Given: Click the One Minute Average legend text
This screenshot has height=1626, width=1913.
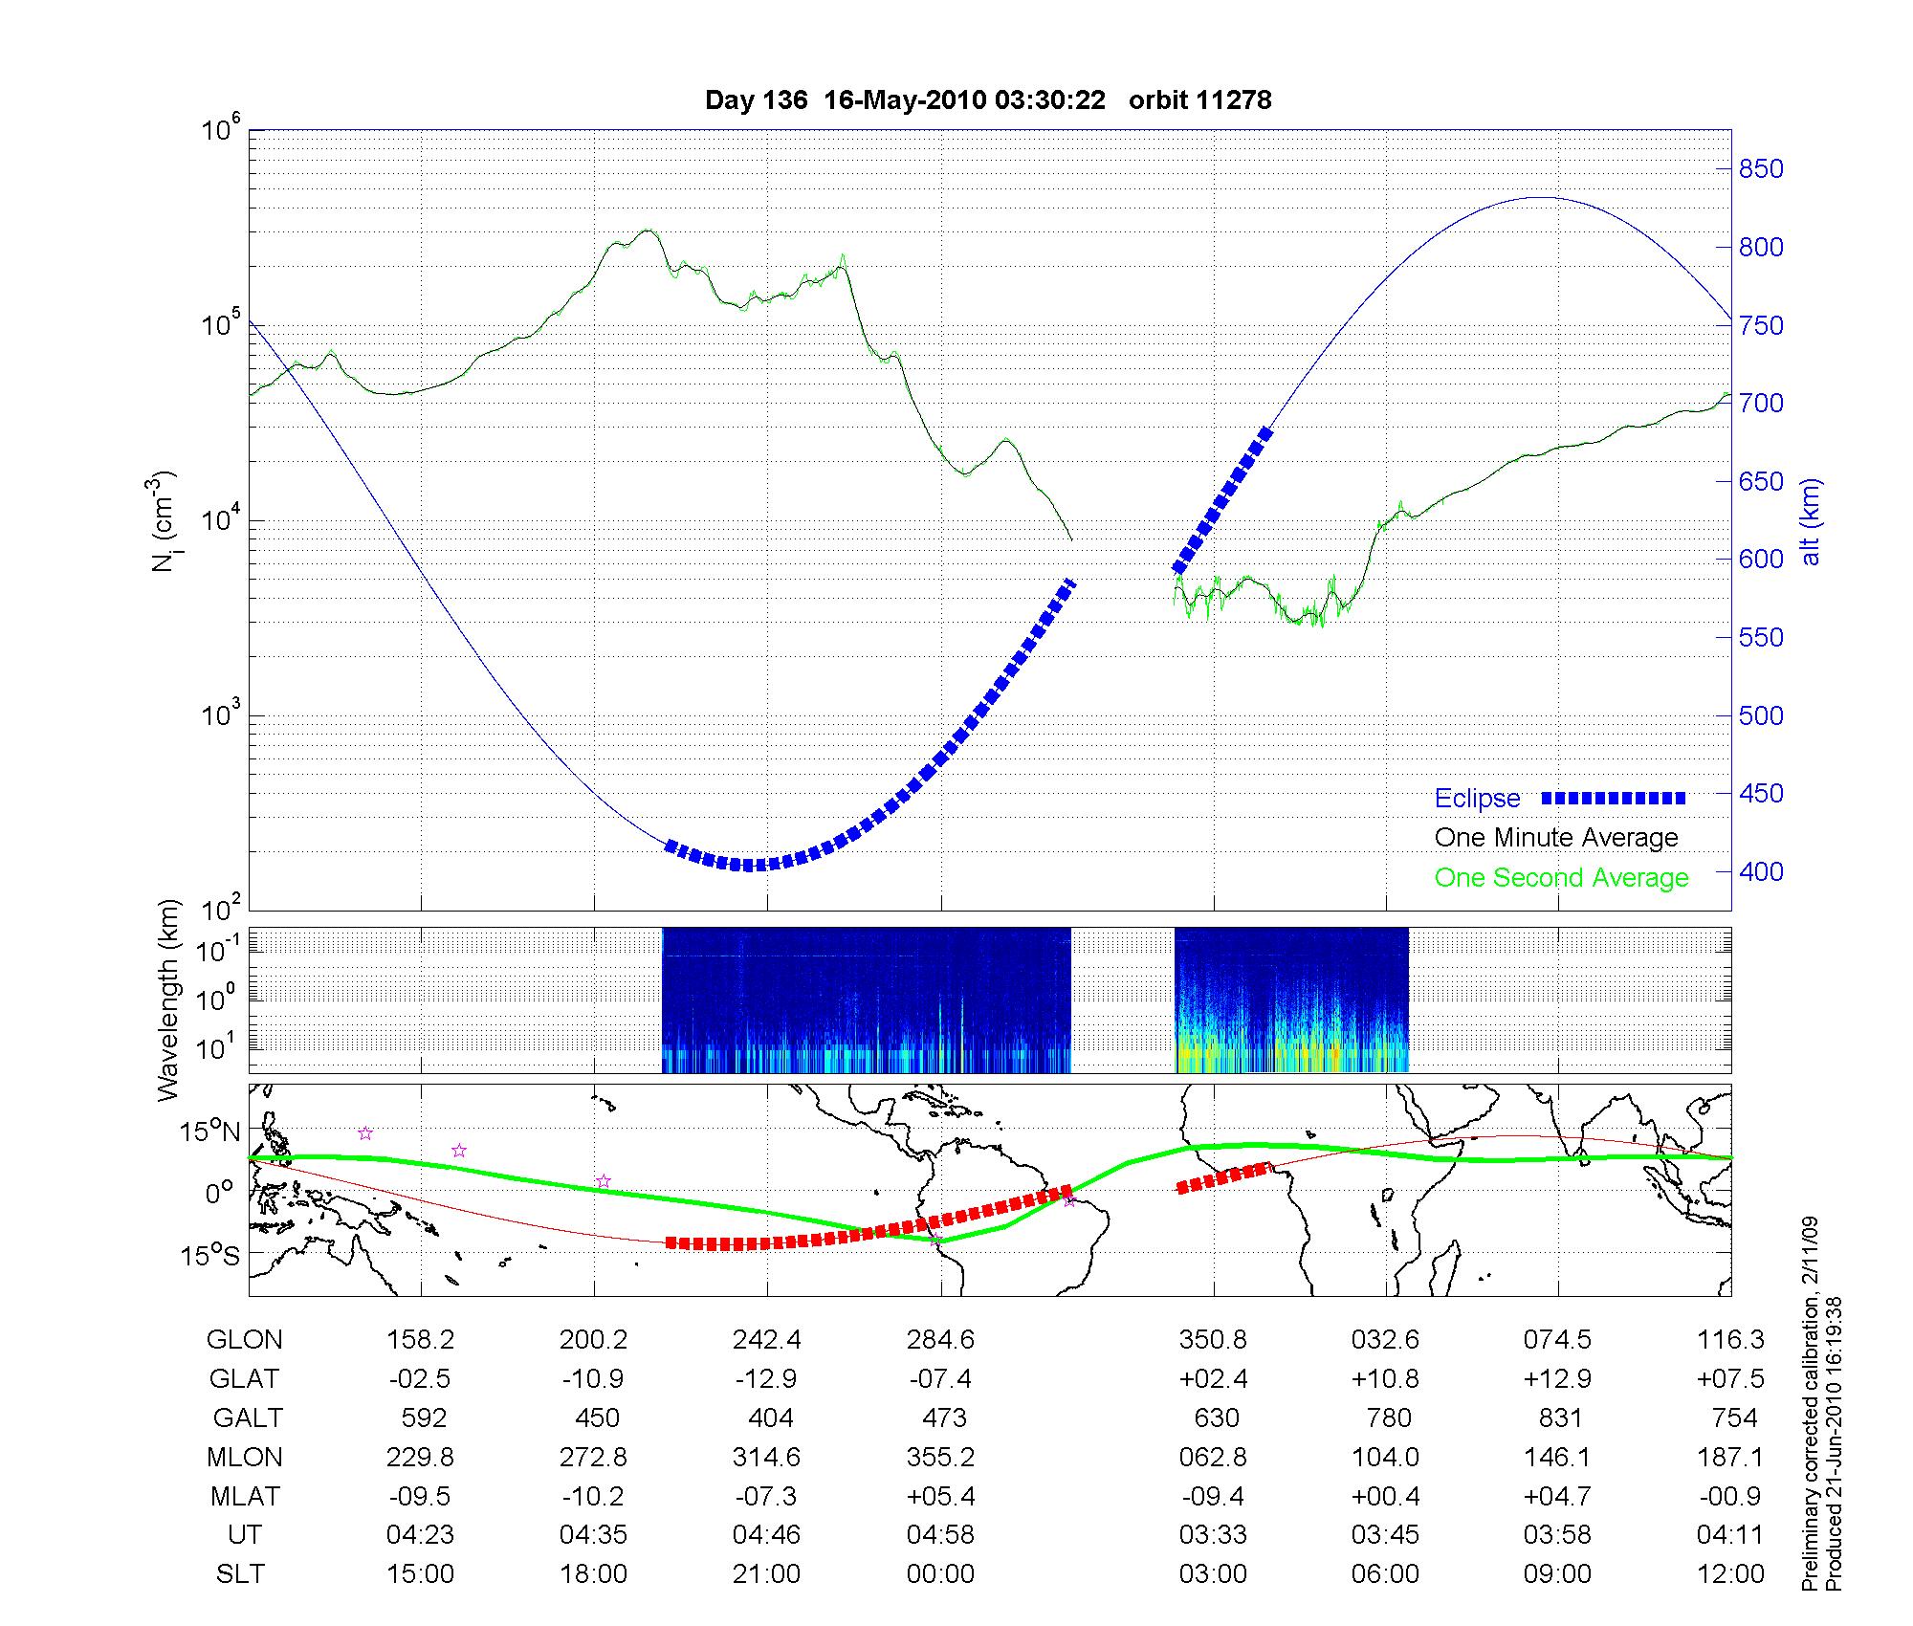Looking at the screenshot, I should tap(1556, 838).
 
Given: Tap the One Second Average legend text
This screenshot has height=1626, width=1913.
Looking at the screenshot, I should tap(1561, 878).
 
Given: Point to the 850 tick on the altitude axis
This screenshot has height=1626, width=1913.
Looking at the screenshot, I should tap(1761, 169).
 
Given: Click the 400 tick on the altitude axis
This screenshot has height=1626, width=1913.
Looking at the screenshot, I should tap(1761, 871).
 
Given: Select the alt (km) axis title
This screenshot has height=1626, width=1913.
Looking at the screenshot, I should tap(1811, 521).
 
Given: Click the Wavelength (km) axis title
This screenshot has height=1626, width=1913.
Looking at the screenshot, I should tap(168, 1000).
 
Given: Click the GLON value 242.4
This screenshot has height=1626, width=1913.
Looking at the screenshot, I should tap(766, 1340).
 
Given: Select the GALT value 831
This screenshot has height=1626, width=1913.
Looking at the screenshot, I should tap(1558, 1417).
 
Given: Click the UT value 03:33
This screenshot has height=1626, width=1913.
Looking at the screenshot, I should tap(1213, 1535).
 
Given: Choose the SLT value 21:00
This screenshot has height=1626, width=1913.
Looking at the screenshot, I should tap(766, 1574).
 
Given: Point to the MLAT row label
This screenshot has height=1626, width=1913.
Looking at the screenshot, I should tap(245, 1496).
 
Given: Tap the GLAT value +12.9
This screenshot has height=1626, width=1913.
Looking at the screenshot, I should tap(1558, 1379).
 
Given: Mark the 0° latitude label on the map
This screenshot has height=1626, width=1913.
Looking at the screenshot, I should tap(219, 1194).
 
